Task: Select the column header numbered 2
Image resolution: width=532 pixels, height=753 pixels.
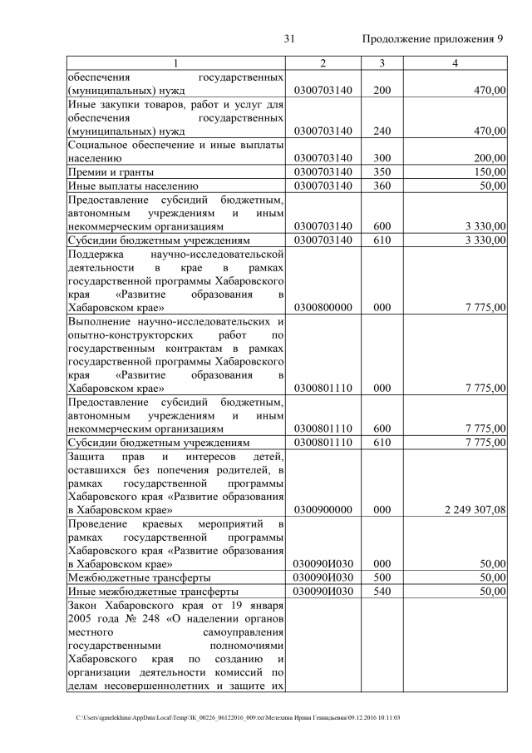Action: (323, 64)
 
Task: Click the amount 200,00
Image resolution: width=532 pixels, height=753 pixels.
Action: (489, 156)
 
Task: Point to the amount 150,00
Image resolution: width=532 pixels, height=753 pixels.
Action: (489, 171)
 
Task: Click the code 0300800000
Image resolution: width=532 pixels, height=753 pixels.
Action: (323, 307)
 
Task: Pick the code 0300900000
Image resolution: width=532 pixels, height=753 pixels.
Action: (323, 509)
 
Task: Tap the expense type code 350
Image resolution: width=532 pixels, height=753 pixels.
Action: (382, 171)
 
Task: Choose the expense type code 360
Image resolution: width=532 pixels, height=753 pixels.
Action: (382, 186)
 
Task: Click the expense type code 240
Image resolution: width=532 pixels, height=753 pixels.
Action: (382, 131)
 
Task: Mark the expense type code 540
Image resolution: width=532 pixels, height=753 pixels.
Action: (382, 592)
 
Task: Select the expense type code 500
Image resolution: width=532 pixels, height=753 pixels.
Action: (382, 577)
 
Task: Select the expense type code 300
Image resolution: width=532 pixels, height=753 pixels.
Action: (382, 156)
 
